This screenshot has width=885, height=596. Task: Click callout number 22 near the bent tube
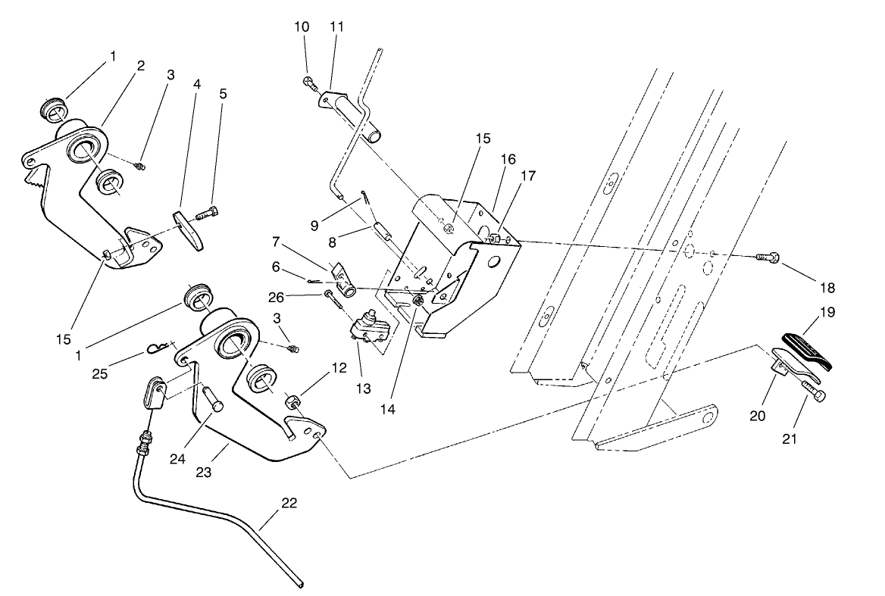pyautogui.click(x=289, y=503)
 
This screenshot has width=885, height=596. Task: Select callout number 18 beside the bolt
pyautogui.click(x=827, y=288)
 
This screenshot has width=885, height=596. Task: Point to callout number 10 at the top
pyautogui.click(x=302, y=27)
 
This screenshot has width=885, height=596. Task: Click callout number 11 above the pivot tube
pyautogui.click(x=336, y=27)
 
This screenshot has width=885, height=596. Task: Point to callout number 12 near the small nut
pyautogui.click(x=339, y=369)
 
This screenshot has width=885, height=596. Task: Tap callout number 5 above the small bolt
pyautogui.click(x=223, y=95)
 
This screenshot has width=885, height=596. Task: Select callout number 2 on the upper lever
pyautogui.click(x=140, y=65)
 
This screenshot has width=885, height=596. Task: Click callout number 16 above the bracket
pyautogui.click(x=508, y=159)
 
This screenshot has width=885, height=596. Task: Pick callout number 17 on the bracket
pyautogui.click(x=527, y=176)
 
